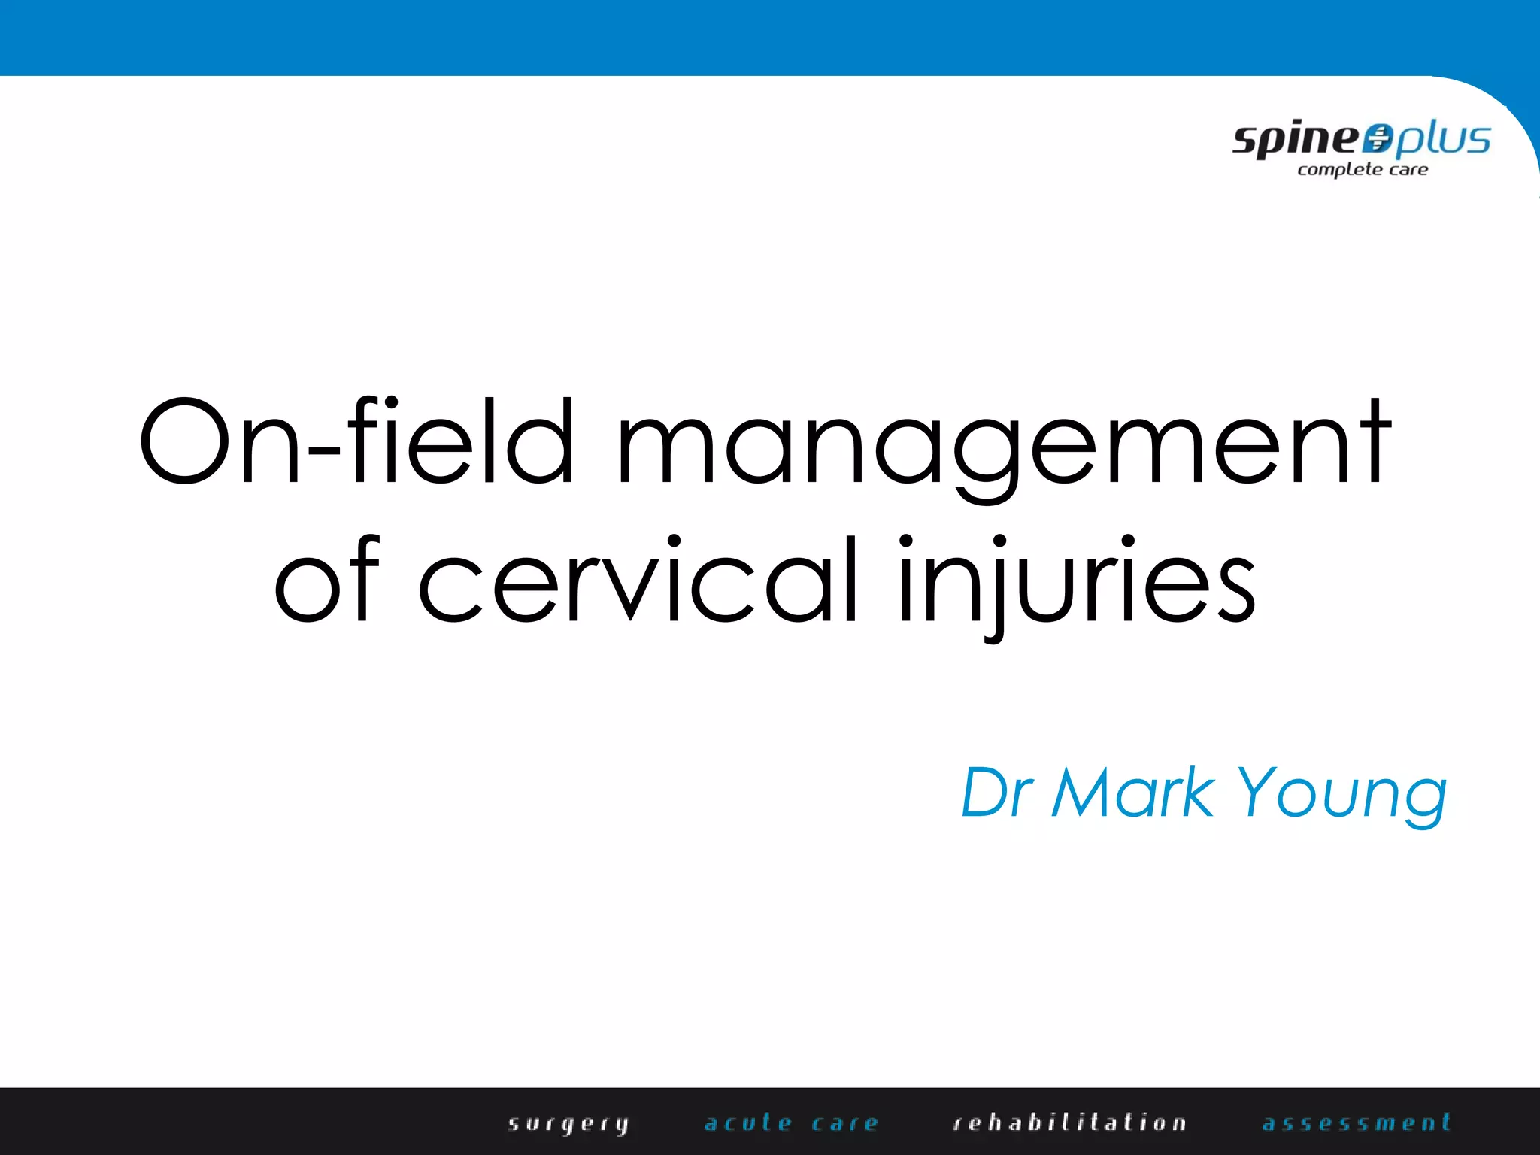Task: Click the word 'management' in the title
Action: point(1004,444)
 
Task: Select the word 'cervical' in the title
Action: point(638,581)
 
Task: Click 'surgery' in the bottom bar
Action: point(568,1124)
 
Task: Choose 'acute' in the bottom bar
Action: point(749,1123)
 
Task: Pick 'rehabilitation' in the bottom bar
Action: point(1070,1123)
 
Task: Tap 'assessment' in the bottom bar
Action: point(1357,1123)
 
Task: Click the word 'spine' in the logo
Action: point(1296,140)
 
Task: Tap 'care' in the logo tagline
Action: point(1408,170)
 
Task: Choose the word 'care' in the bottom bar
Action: point(845,1123)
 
